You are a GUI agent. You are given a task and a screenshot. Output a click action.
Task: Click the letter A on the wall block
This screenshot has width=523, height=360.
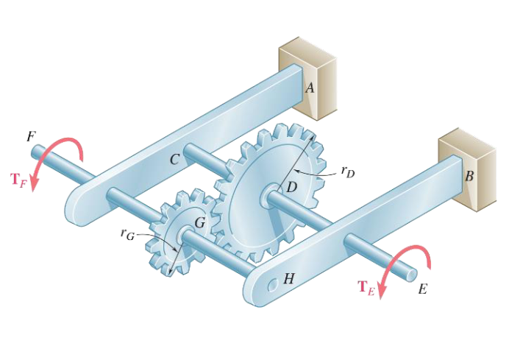[x=310, y=88]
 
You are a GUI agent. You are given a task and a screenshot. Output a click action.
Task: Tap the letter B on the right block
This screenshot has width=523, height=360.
[x=469, y=177]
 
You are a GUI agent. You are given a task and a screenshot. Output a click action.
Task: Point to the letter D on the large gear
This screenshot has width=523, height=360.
[x=291, y=187]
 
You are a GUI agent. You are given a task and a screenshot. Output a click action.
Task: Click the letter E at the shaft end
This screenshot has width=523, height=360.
[x=422, y=289]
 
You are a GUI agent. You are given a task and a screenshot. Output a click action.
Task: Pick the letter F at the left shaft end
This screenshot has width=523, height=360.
[x=30, y=136]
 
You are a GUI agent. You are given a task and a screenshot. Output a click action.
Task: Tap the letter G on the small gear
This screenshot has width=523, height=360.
[x=199, y=222]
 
